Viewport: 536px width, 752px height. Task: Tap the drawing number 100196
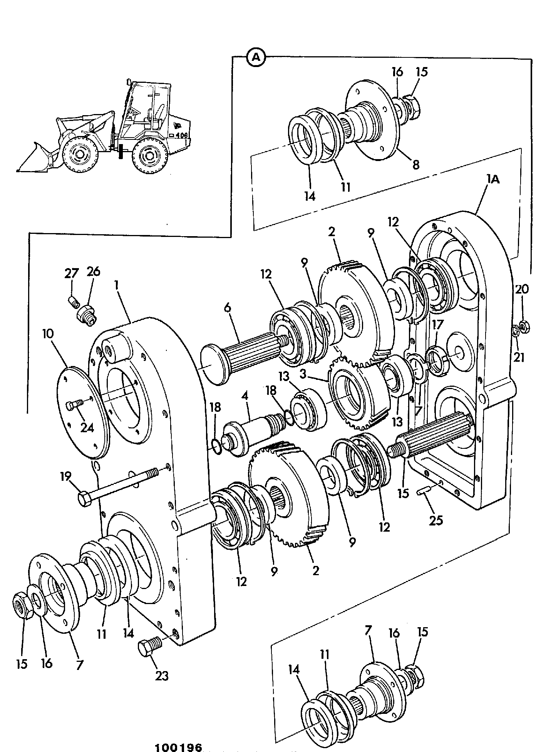pos(179,747)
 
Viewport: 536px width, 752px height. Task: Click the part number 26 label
pos(93,272)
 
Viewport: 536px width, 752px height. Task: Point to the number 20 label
pos(522,289)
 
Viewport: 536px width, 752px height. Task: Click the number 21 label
pos(519,358)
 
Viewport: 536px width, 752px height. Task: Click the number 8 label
pos(415,164)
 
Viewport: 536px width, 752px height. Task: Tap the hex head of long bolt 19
pos(85,499)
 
